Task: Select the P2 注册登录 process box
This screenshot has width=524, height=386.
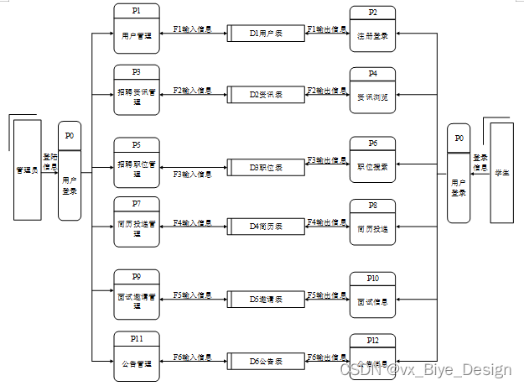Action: coord(372,30)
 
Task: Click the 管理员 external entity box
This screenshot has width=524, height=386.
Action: coord(28,170)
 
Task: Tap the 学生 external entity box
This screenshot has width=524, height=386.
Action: coord(501,172)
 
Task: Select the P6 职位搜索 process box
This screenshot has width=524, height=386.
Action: coord(372,160)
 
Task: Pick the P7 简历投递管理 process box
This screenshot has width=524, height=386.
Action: coord(136,222)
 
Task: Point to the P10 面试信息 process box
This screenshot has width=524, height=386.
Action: coord(372,295)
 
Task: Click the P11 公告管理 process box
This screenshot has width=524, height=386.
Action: coord(136,357)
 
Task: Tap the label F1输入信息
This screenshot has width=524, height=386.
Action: coord(191,29)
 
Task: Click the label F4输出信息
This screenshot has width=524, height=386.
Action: coord(327,222)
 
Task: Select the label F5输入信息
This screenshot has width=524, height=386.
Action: coord(191,295)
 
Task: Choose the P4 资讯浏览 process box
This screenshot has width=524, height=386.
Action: coord(372,91)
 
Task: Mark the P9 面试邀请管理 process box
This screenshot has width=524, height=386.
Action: coord(136,295)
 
